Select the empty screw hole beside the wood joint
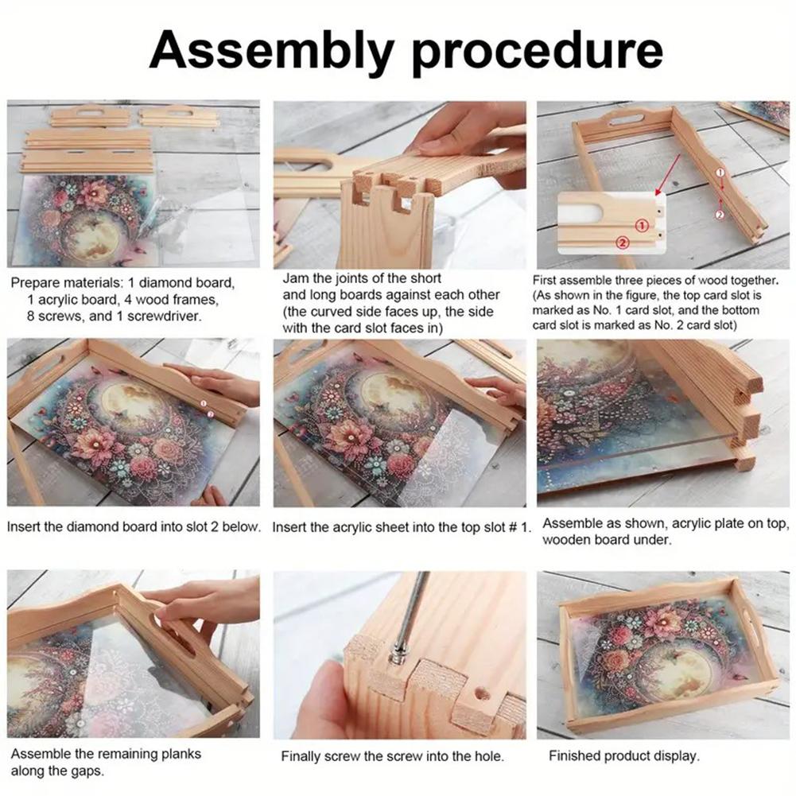tap(482, 693)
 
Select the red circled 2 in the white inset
tap(623, 242)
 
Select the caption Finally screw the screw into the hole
tap(392, 756)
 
